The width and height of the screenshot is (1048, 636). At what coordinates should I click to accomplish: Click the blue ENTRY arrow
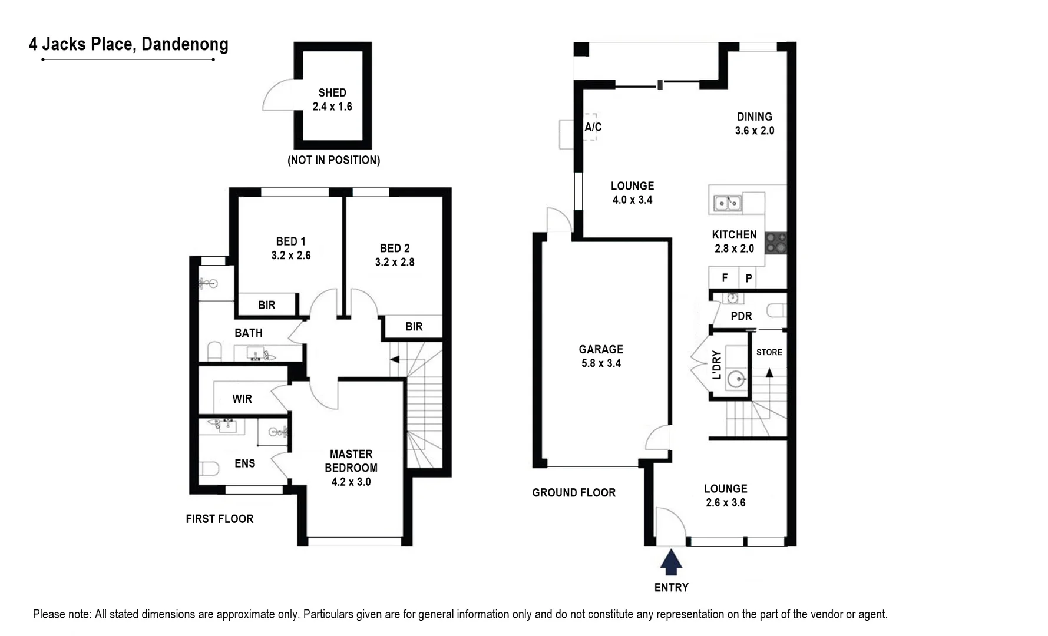671,562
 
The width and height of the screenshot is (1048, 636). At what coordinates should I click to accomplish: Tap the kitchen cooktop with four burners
776,243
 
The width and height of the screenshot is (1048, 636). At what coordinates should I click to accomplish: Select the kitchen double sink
728,203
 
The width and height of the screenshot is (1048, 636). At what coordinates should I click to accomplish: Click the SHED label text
332,93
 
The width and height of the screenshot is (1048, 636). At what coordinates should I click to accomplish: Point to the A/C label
593,127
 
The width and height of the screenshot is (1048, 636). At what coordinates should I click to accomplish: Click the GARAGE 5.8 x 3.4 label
601,356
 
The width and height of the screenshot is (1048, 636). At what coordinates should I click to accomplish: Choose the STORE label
769,352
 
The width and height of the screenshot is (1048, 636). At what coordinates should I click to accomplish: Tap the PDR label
741,316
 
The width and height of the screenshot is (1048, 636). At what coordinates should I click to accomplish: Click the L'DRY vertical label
716,365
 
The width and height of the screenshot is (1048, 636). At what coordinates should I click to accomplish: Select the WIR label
242,399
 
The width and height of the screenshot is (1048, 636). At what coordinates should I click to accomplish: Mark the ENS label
245,463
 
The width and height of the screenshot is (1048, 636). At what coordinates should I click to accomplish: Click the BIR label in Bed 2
414,326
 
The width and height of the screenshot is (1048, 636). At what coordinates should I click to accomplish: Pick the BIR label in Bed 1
267,305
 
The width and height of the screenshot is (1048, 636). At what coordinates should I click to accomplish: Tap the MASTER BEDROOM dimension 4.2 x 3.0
351,482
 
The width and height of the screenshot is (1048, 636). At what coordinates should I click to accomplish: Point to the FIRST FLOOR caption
220,519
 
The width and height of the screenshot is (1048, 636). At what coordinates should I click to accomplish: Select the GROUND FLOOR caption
574,493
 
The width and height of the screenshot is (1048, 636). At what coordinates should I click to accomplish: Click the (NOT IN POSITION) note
333,160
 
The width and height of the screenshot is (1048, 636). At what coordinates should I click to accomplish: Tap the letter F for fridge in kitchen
725,277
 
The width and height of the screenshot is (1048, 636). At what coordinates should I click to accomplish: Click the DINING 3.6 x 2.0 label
755,124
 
